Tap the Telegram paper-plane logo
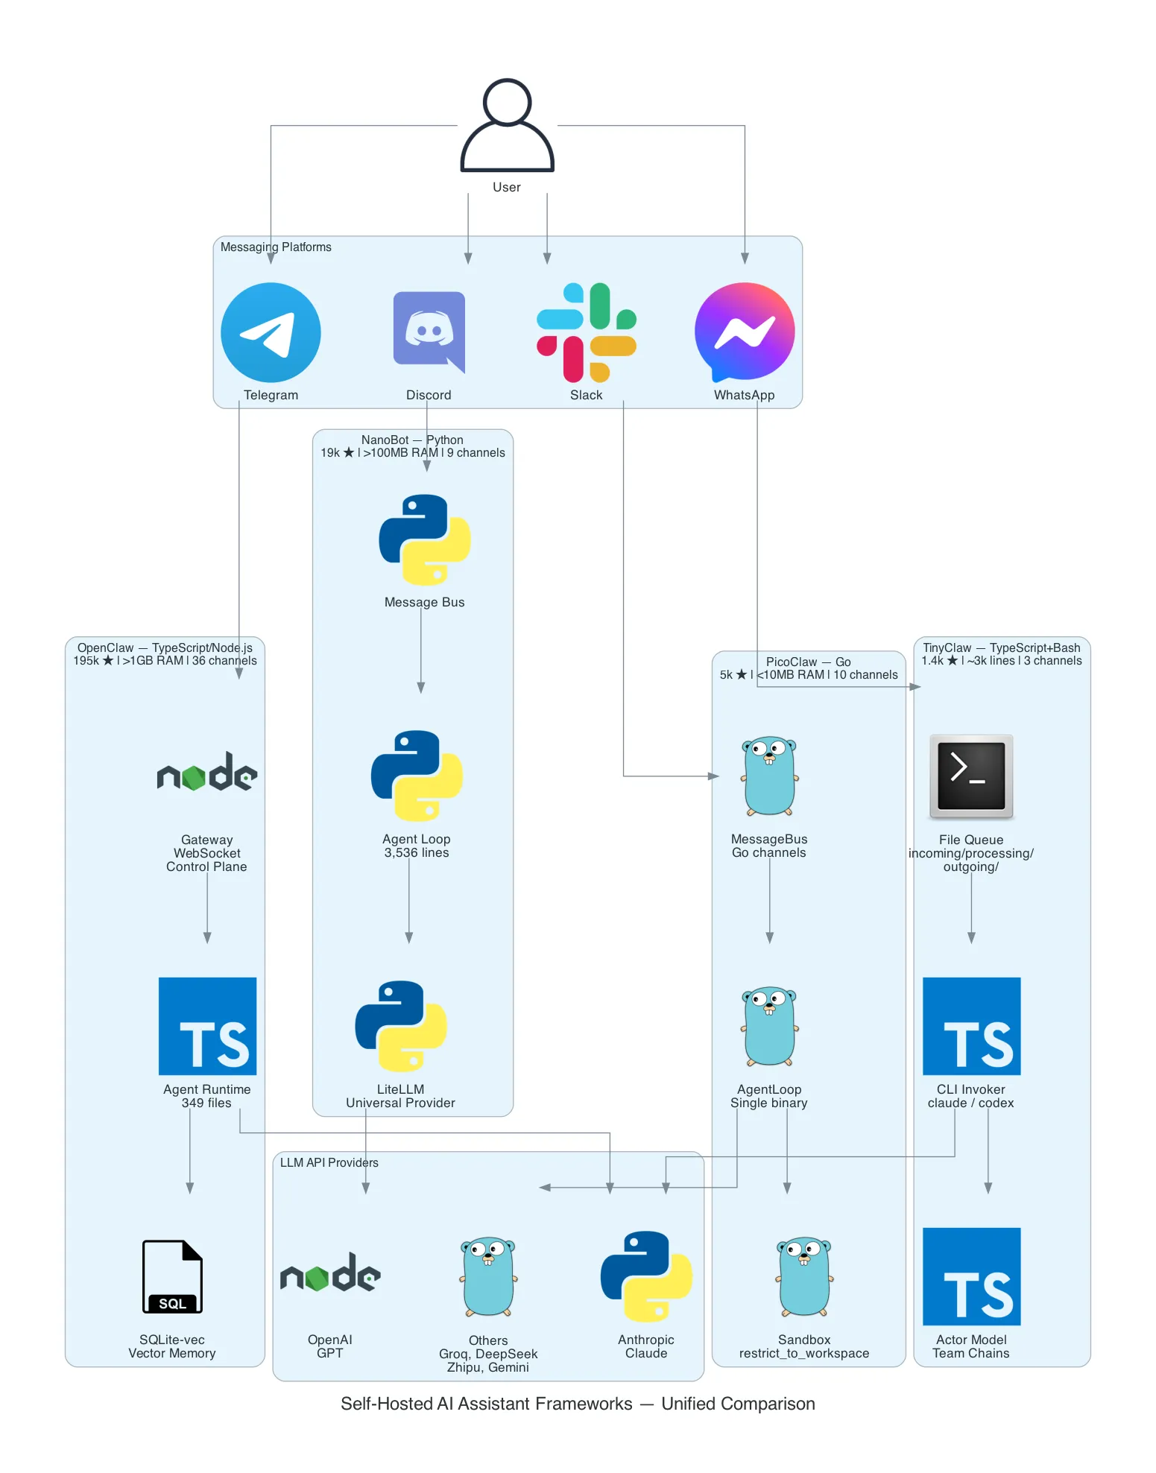271,332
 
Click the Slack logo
587,332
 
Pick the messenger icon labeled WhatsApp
744,332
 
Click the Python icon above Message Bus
424,539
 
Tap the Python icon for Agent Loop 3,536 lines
417,776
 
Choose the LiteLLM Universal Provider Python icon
401,1026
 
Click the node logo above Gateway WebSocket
207,773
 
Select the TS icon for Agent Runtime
207,1026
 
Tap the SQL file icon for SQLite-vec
172,1276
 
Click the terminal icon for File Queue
970,776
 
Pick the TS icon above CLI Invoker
970,1026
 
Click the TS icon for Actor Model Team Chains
970,1276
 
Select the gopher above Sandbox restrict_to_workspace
804,1276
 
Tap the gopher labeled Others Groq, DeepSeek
488,1276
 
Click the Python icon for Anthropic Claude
646,1276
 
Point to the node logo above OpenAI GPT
330,1273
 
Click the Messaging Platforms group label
276,247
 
